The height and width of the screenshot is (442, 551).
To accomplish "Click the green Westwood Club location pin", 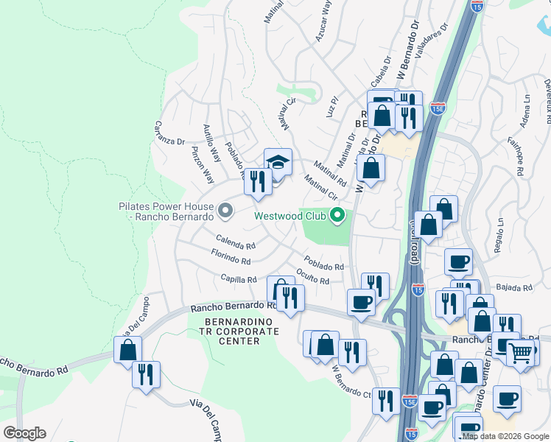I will click(x=338, y=216).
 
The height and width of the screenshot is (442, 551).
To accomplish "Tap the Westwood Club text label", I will click(x=290, y=217).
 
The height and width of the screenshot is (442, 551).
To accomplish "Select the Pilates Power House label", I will click(x=166, y=212).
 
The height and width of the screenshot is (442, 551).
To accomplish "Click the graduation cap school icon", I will click(x=278, y=162).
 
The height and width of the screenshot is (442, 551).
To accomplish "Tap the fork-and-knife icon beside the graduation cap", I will click(x=257, y=181).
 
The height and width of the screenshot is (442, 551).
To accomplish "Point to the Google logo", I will click(x=24, y=433).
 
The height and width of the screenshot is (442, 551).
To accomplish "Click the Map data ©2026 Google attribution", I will click(x=505, y=436).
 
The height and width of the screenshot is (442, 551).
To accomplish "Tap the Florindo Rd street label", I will click(x=231, y=259).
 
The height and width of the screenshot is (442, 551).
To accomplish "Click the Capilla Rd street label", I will click(x=239, y=279).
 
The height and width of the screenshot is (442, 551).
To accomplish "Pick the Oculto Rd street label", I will click(x=313, y=276).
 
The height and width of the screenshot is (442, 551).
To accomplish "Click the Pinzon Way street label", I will click(x=203, y=166).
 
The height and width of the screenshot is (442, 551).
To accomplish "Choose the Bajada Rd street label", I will click(x=515, y=287).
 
